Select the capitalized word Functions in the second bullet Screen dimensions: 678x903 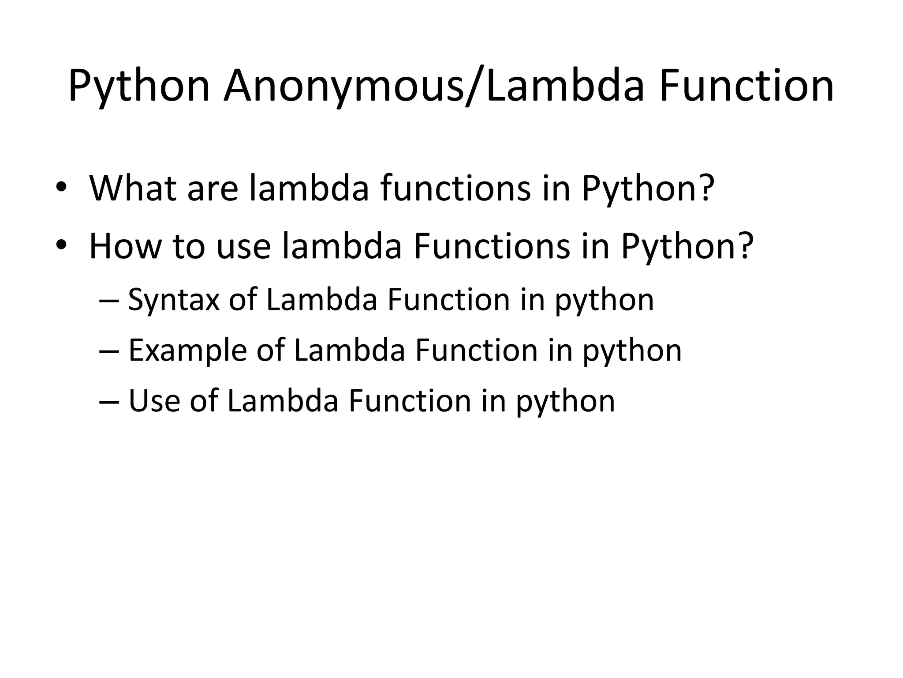[x=492, y=246]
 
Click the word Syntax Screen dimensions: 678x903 [x=173, y=300]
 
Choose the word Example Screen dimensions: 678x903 [x=187, y=351]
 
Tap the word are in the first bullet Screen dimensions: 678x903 [x=213, y=189]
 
